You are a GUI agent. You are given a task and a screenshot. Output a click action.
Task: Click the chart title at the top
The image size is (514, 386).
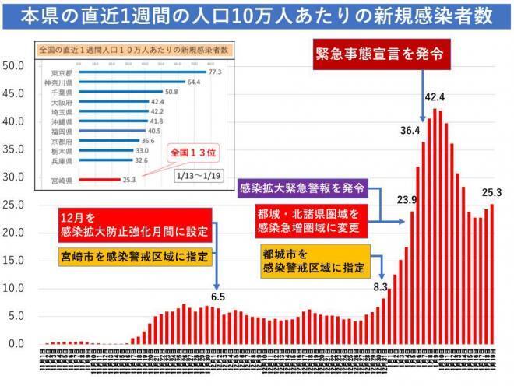256,16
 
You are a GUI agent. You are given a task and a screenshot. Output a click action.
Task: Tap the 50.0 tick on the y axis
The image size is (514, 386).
15,65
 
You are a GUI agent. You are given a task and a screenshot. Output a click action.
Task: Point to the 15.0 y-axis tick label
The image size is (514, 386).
15,261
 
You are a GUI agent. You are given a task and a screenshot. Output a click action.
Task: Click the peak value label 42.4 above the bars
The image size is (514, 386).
435,97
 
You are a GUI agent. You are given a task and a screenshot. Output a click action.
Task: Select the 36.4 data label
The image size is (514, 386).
410,131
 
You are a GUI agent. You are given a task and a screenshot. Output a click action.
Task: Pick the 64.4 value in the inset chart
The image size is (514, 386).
194,82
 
